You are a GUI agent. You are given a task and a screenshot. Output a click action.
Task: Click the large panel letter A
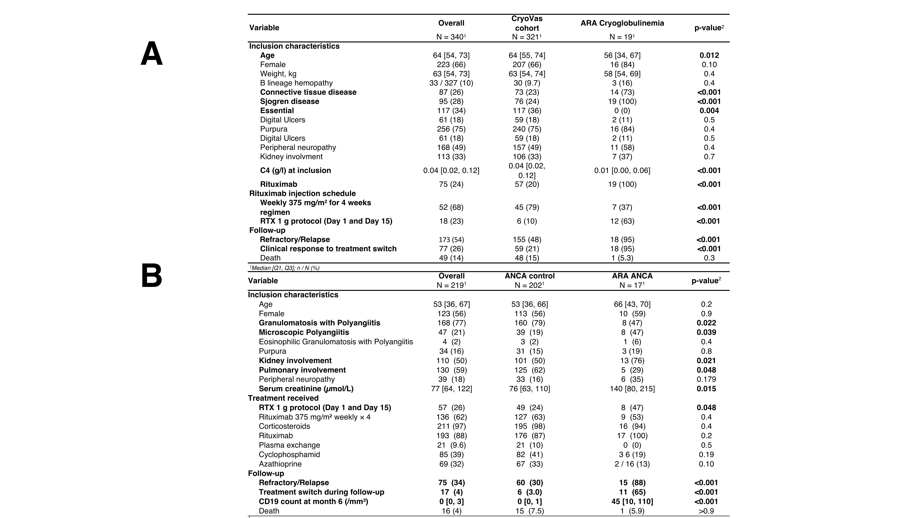tap(152, 54)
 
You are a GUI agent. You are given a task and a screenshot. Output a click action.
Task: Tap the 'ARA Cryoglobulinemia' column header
tap(622, 23)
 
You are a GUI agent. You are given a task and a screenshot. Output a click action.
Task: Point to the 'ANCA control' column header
tap(529, 276)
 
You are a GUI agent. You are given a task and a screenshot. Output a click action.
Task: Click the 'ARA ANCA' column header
tap(632, 276)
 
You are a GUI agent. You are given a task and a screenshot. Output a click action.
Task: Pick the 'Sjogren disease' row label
tap(290, 102)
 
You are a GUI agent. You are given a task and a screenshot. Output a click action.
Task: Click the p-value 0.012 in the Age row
tap(709, 55)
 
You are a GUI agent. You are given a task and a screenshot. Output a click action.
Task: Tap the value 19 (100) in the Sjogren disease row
tap(622, 102)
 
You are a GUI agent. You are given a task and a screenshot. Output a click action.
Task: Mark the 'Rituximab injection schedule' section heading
tap(302, 193)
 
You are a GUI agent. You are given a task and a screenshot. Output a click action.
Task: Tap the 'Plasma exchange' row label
tap(289, 445)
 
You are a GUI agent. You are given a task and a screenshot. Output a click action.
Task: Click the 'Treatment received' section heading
tap(283, 398)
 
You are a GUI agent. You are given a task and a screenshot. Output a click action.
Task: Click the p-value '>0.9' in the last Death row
tap(706, 511)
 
